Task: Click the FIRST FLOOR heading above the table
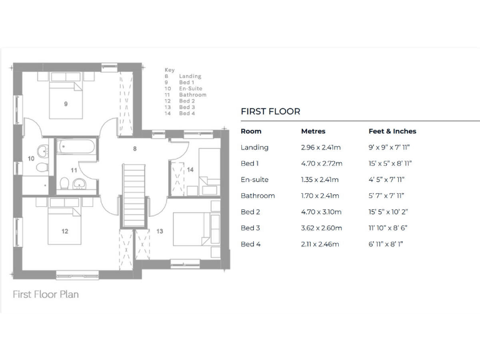pos(270,112)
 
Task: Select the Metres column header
pos(313,131)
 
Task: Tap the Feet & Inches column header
pos(392,131)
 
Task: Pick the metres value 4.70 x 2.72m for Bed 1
pos(321,164)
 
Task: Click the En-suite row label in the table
pos(254,180)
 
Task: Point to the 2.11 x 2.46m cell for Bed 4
pos(320,244)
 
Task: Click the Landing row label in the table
pos(254,147)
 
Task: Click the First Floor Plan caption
pos(46,294)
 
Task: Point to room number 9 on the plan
pos(66,104)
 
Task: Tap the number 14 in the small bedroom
pos(190,169)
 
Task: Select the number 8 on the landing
pos(134,149)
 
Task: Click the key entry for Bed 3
pos(186,107)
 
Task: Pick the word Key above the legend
pos(169,70)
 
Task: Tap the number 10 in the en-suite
pos(31,159)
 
